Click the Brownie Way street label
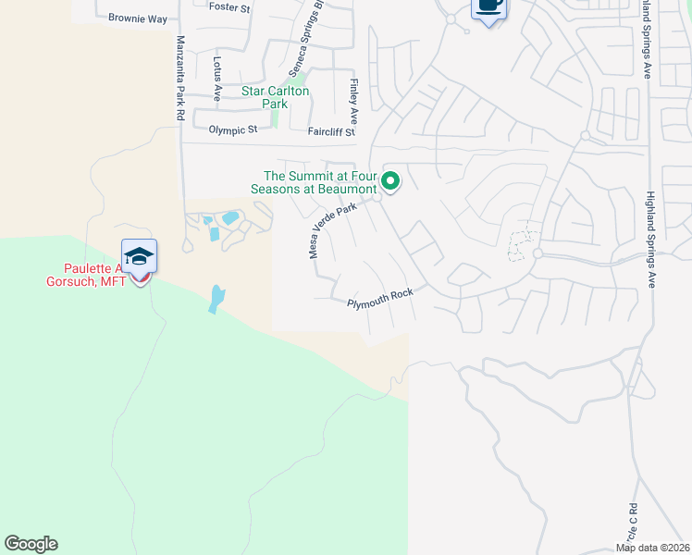point(137,18)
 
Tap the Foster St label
point(230,7)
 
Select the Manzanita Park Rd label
point(180,79)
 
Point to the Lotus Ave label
point(217,80)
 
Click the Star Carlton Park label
point(276,98)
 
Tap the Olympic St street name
point(233,130)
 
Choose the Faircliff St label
point(331,131)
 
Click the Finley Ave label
point(353,102)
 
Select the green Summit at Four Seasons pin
point(391,181)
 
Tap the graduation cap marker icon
point(139,256)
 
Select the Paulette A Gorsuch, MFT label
point(88,275)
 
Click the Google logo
point(31,544)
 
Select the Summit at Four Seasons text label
point(316,181)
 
